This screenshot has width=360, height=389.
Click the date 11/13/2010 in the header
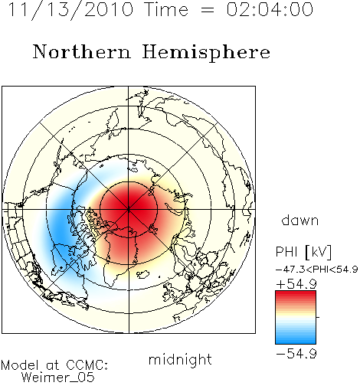tap(70, 10)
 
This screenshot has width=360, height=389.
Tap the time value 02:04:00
tap(270, 9)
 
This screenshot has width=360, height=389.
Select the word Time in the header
tap(166, 9)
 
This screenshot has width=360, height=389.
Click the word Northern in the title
tap(82, 52)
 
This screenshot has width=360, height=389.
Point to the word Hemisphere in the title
tap(206, 53)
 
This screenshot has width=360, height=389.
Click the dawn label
tap(300, 220)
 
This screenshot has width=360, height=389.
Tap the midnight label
tap(180, 359)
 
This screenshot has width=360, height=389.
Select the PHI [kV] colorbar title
tap(303, 252)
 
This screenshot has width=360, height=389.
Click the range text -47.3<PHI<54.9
tap(317, 270)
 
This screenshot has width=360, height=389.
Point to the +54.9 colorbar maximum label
tap(296, 284)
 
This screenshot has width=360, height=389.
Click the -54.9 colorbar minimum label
tap(296, 354)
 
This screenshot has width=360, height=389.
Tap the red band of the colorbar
tap(296, 296)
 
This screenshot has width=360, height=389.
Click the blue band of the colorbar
tap(296, 338)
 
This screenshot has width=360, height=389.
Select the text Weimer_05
tap(58, 378)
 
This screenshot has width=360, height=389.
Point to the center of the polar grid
tap(129, 209)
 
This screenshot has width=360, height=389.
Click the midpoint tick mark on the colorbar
tap(318, 317)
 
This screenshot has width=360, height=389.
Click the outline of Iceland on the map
tap(144, 274)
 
